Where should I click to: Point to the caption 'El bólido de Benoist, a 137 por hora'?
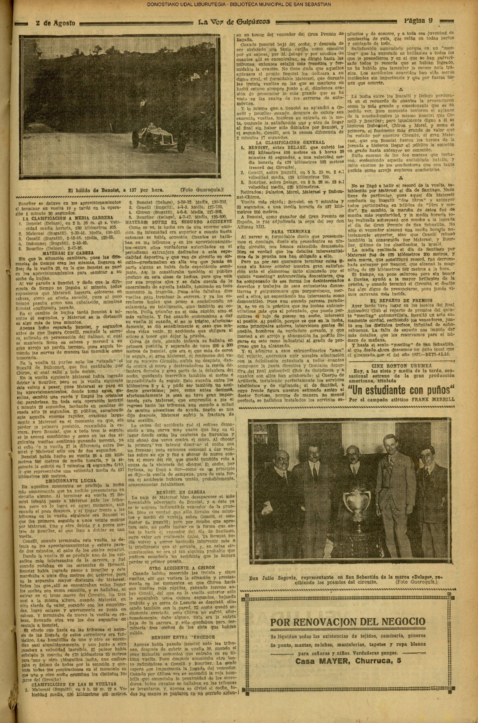tap(116, 190)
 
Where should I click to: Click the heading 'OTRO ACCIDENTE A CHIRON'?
tap(182, 568)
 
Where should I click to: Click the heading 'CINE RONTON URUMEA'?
tap(401, 365)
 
